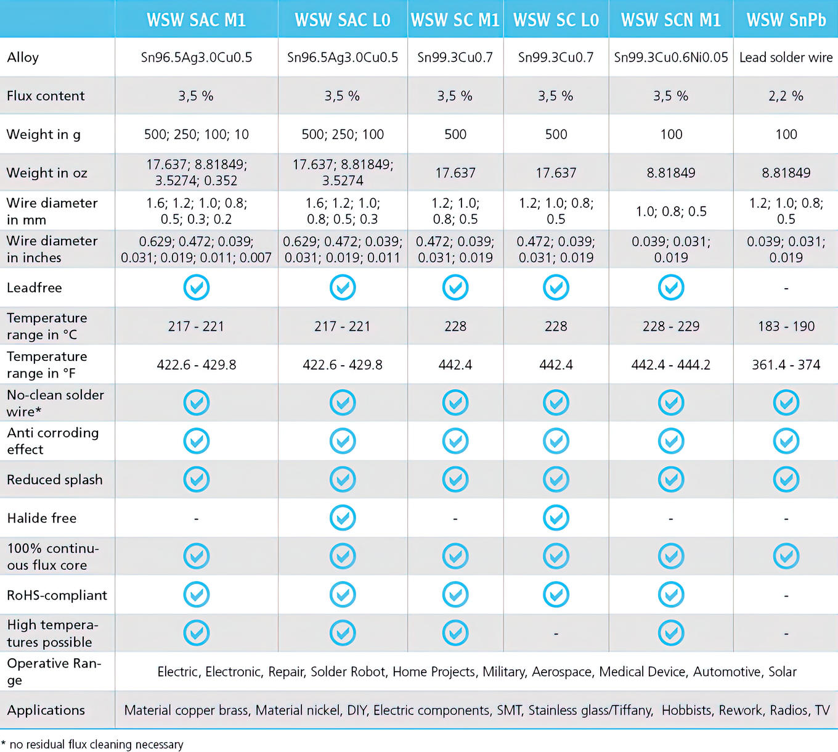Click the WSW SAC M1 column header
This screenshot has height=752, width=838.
[196, 20]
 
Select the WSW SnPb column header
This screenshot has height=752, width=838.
[786, 20]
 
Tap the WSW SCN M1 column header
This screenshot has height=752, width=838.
[670, 20]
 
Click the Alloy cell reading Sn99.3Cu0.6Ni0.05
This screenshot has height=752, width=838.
[670, 57]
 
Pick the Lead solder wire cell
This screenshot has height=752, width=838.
[786, 57]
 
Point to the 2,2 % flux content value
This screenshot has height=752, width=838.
[786, 96]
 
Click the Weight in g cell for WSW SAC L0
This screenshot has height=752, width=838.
[343, 134]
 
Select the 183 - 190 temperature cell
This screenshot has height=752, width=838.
[786, 326]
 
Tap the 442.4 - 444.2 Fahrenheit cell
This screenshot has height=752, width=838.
[670, 365]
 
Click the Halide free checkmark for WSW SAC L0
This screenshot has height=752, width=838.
[343, 518]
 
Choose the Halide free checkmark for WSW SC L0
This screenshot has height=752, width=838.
[556, 518]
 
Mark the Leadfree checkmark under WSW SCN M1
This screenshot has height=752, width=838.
[671, 287]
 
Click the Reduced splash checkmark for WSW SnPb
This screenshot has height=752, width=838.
[786, 479]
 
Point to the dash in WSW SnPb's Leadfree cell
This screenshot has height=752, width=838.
[786, 288]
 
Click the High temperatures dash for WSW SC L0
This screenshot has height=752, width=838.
[556, 634]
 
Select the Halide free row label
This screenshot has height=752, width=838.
[42, 518]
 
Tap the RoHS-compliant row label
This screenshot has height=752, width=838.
[57, 595]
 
